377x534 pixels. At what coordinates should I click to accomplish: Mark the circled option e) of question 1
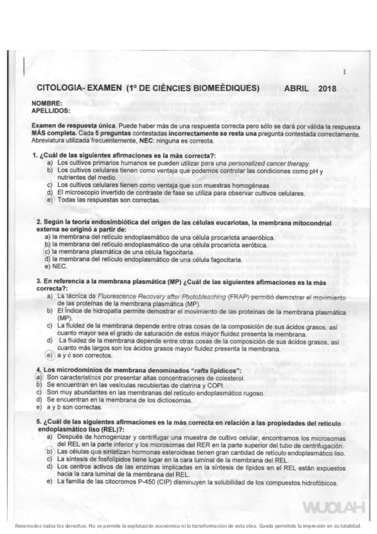point(48,199)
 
